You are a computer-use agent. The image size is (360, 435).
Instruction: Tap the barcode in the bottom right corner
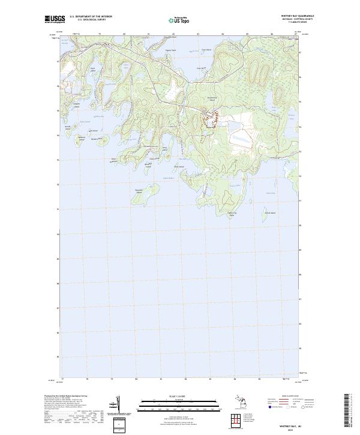click(347, 411)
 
